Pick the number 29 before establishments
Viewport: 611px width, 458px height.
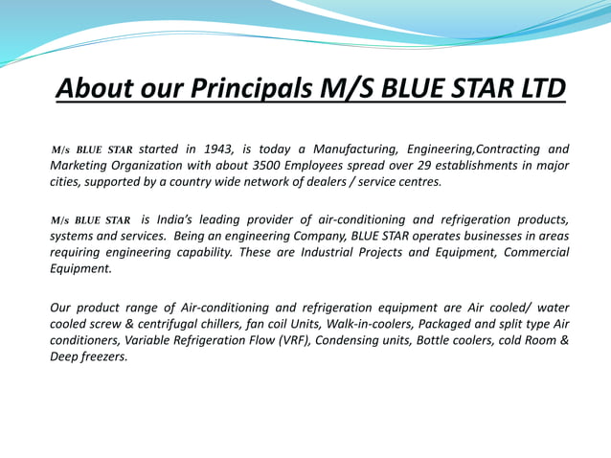pyautogui.click(x=434, y=165)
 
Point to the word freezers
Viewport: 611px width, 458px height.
pyautogui.click(x=104, y=356)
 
